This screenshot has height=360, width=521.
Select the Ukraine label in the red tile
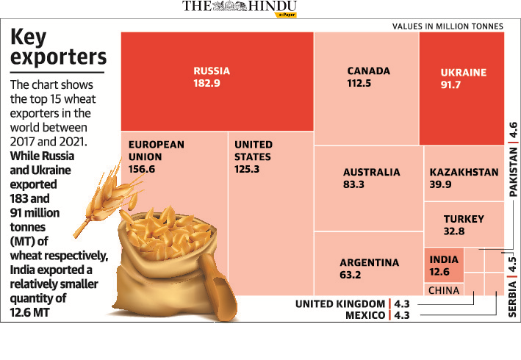point(463,73)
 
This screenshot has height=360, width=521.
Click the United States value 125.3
point(248,169)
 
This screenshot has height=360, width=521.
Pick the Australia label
point(371,173)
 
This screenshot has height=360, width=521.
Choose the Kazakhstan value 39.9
point(442,184)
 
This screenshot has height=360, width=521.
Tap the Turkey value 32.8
point(454,231)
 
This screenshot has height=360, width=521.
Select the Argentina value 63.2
point(351,276)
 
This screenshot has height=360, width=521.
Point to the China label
point(443,290)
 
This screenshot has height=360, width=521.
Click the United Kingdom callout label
point(339,304)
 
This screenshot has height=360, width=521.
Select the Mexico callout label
point(364,315)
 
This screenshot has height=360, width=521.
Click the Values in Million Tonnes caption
point(448,26)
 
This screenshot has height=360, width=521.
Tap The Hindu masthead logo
point(240,8)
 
